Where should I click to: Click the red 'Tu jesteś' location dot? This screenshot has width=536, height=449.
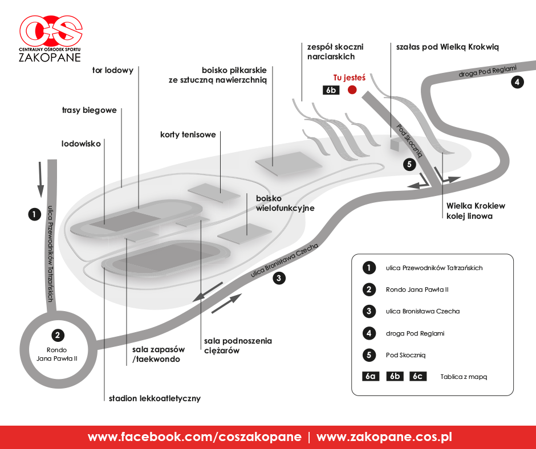click(x=352, y=89)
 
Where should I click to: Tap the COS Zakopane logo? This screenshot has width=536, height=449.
click(x=51, y=39)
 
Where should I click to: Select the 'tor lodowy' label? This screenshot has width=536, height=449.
click(x=113, y=71)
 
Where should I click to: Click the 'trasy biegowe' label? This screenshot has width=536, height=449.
click(x=89, y=111)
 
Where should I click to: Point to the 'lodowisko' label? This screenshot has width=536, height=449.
click(x=81, y=144)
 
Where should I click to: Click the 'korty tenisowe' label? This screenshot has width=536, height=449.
click(x=188, y=134)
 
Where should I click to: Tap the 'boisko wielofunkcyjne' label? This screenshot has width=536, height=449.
click(x=285, y=203)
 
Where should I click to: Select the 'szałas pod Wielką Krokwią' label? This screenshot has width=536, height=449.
click(x=448, y=47)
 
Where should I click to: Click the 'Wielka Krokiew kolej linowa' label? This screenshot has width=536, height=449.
click(x=476, y=211)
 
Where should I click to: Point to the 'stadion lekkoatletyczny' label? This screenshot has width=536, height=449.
click(x=155, y=398)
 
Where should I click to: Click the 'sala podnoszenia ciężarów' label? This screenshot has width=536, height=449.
click(x=238, y=346)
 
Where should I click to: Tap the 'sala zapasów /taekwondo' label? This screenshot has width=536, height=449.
click(x=159, y=354)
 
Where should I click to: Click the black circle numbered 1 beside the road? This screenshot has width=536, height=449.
click(x=35, y=215)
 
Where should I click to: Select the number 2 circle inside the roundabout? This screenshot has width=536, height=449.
click(x=58, y=335)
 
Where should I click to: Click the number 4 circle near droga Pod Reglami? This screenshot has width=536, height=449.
click(x=517, y=82)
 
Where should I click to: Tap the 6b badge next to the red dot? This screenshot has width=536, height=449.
click(x=331, y=90)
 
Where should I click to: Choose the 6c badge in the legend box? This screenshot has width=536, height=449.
click(x=418, y=376)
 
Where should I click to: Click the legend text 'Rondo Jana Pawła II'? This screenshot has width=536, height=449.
click(x=417, y=290)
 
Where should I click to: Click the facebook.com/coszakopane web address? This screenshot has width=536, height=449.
click(x=194, y=437)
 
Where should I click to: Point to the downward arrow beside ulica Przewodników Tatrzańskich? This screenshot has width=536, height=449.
click(x=40, y=179)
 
